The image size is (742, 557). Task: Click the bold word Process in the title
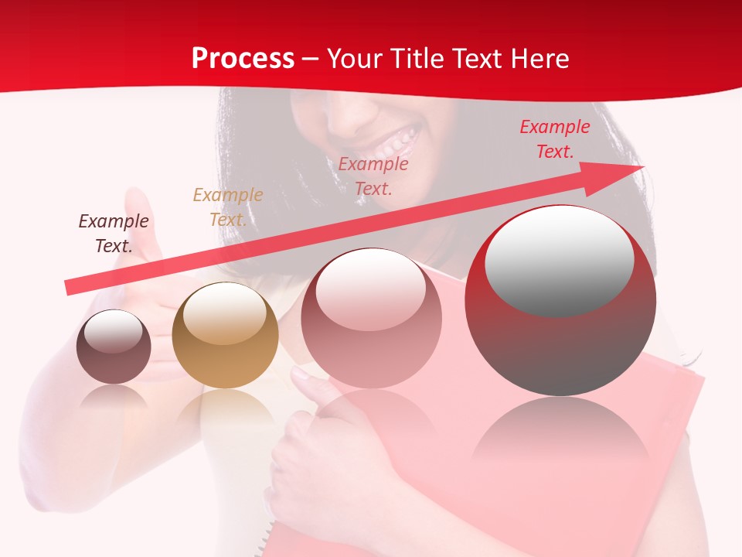click(243, 59)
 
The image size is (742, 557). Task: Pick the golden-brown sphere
click(225, 336)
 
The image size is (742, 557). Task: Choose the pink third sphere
click(372, 318)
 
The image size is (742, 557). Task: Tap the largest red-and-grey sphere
click(560, 301)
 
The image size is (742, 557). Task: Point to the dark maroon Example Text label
click(114, 233)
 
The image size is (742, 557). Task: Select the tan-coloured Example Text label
click(227, 207)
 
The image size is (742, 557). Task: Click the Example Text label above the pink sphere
click(373, 176)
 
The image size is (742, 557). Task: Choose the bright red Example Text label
click(554, 138)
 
